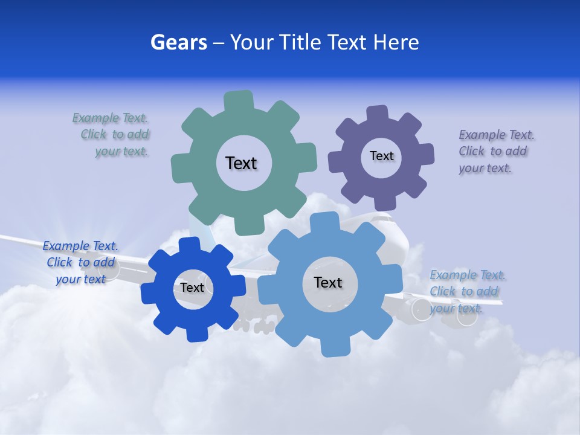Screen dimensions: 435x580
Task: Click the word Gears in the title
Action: [178, 42]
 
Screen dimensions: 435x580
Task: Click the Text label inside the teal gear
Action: [241, 163]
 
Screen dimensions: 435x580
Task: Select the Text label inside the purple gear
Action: [381, 156]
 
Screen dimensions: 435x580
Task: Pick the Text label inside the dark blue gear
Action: [192, 288]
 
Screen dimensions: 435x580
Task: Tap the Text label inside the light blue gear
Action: [328, 282]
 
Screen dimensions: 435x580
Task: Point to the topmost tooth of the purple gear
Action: [378, 114]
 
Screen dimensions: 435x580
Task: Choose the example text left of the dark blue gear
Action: [80, 262]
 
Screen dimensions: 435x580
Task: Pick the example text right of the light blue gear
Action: [466, 291]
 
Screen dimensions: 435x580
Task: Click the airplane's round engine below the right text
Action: [420, 309]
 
